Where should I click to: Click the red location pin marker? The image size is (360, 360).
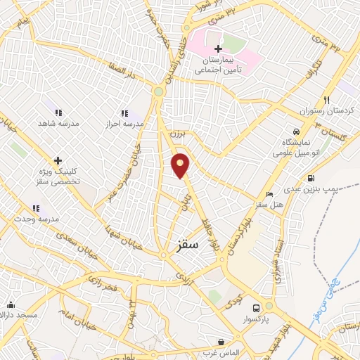pyautogui.click(x=181, y=165)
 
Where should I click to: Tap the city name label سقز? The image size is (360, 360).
pyautogui.click(x=185, y=244)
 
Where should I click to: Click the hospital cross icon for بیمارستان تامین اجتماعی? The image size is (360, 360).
pyautogui.click(x=218, y=49)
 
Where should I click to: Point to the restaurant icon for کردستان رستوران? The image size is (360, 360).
pyautogui.click(x=327, y=100)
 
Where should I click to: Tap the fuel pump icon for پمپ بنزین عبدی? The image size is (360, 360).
pyautogui.click(x=310, y=177)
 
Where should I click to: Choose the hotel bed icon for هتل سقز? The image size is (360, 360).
pyautogui.click(x=269, y=195)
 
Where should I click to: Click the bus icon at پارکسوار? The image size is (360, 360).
pyautogui.click(x=257, y=308)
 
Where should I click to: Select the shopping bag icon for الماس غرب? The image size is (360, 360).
pyautogui.click(x=221, y=342)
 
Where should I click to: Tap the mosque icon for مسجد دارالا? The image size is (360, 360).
pyautogui.click(x=11, y=304)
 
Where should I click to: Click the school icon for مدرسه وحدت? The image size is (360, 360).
pyautogui.click(x=36, y=208)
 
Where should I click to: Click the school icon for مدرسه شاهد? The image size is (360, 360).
pyautogui.click(x=58, y=112)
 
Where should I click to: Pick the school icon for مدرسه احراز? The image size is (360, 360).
pyautogui.click(x=124, y=113)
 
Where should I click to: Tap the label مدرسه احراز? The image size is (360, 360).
pyautogui.click(x=124, y=124)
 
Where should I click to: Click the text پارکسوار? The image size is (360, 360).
pyautogui.click(x=257, y=320)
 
